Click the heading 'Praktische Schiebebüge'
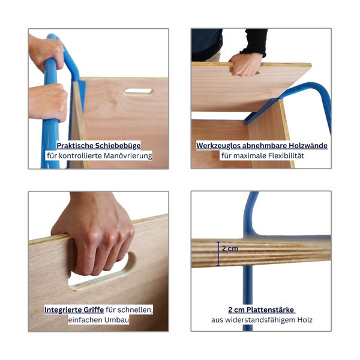[x=99, y=146]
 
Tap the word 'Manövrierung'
[x=128, y=155]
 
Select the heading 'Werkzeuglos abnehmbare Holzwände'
[x=262, y=146]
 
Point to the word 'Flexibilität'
[x=286, y=155]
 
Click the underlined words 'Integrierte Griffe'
[x=74, y=310]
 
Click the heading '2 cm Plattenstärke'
[x=261, y=310]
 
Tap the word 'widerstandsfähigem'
[x=260, y=320]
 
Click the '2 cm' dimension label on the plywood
[x=230, y=248]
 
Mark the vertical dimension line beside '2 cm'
[x=218, y=254]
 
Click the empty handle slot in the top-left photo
[x=138, y=91]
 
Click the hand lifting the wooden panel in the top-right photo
[x=245, y=65]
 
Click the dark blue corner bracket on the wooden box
[x=260, y=111]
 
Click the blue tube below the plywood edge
[x=248, y=298]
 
